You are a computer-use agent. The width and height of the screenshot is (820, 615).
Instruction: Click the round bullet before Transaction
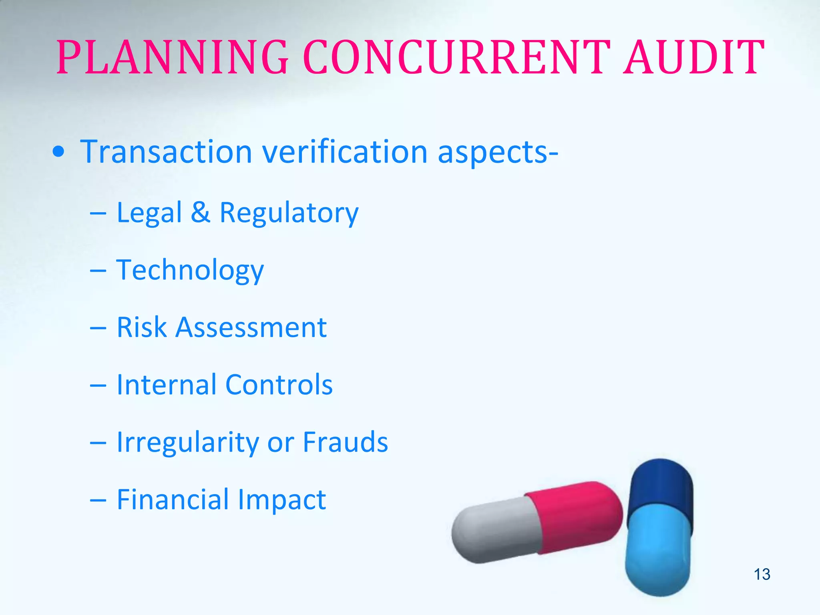tap(58, 152)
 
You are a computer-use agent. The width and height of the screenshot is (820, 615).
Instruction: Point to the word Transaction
tap(166, 152)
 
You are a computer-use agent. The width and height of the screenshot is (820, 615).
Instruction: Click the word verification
tap(345, 152)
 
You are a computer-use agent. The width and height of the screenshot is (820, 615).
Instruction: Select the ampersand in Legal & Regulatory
tap(200, 212)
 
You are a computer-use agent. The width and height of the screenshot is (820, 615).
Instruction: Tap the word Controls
tap(279, 385)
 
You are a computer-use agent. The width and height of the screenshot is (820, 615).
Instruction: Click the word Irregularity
tap(188, 443)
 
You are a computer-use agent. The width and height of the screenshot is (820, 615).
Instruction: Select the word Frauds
tap(345, 442)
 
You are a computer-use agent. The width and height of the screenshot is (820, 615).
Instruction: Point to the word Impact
tap(281, 500)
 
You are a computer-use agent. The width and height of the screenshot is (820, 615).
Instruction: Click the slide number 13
tap(762, 574)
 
